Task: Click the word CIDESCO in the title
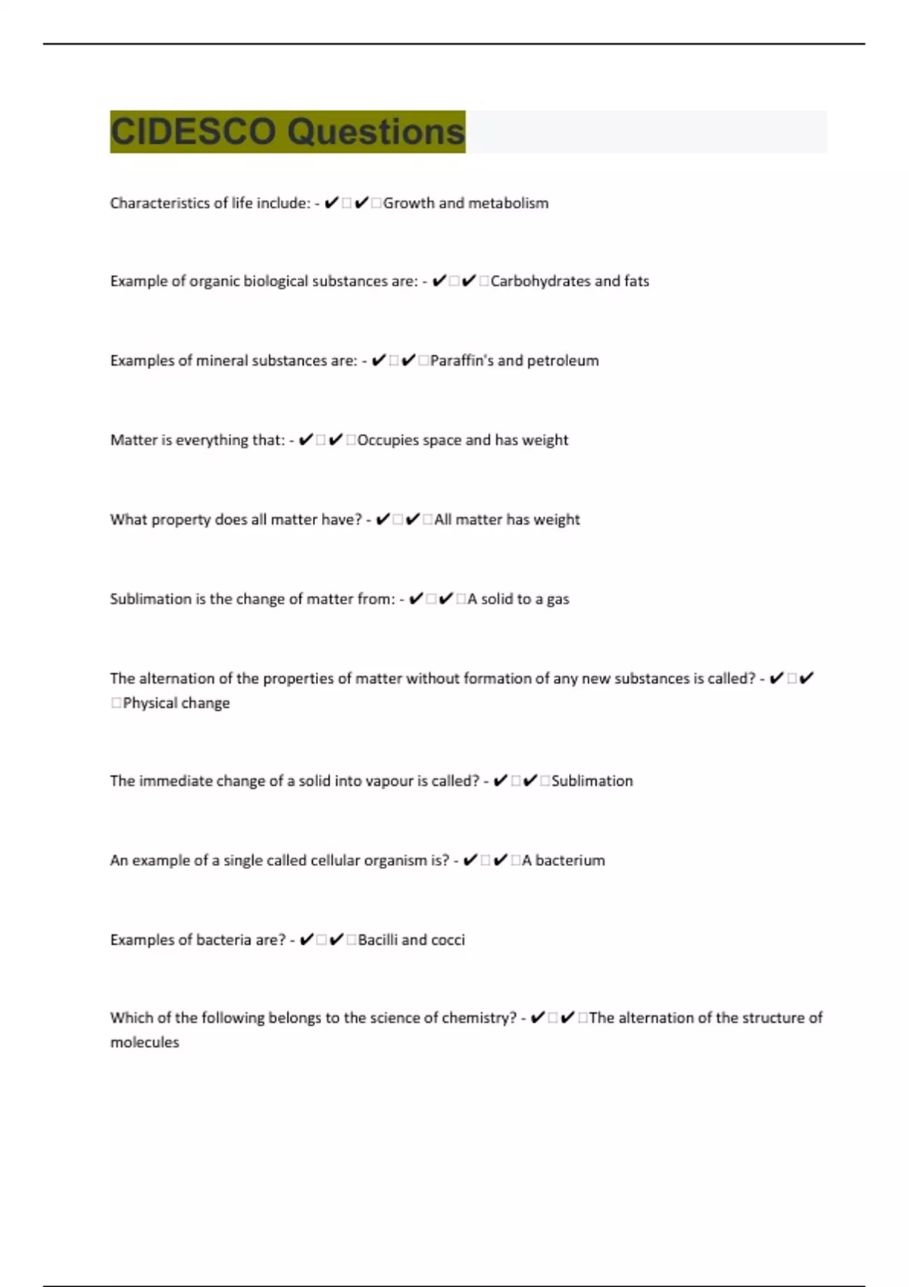point(192,132)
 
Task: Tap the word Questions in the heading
point(376,132)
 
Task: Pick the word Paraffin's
point(461,360)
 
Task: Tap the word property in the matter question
point(180,519)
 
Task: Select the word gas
point(558,600)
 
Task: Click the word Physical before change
point(150,703)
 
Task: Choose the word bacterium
point(570,860)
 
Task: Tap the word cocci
point(448,940)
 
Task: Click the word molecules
point(145,1042)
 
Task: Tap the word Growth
point(408,203)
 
